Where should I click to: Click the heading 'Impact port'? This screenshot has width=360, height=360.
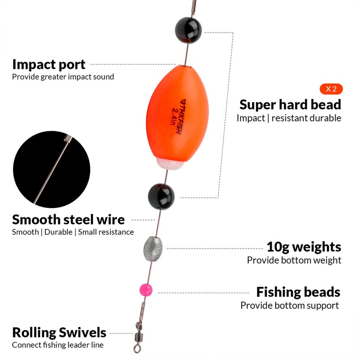pos(49,64)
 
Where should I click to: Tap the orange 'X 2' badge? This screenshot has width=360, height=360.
pos(331,89)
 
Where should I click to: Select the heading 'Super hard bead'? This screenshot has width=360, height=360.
pos(290,105)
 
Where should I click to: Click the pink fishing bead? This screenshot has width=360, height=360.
pos(145,289)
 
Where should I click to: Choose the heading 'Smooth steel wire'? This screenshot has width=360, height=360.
pos(68,219)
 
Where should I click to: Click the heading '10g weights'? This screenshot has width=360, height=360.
pos(304,247)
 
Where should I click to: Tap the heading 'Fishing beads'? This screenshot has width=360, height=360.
pos(298,292)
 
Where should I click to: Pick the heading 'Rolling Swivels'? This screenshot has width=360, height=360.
pos(59,333)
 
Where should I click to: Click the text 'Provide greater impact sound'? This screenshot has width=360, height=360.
pos(63,77)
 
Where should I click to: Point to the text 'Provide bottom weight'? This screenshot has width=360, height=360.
pos(294,260)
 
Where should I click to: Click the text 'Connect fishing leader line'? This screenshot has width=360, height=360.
pos(58,345)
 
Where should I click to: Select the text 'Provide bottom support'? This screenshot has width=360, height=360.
pos(289,305)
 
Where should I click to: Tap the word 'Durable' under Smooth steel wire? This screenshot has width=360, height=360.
pos(58,232)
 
